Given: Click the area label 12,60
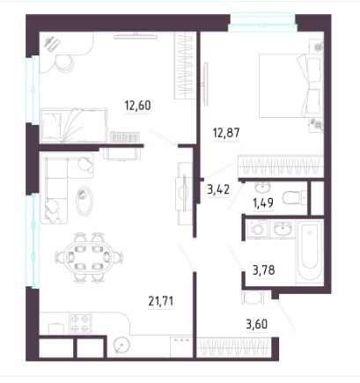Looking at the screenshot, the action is (137, 106).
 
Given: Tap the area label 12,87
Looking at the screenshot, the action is (226, 133).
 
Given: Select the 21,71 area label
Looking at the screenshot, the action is (161, 301).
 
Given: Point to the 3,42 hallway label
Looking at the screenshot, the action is (218, 190).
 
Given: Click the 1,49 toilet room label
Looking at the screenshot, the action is (263, 203).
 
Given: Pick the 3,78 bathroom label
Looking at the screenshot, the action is (264, 270).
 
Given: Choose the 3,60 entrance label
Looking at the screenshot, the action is (256, 324).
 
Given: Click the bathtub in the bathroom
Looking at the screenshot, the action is (310, 252).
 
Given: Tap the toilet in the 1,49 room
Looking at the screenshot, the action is (294, 198).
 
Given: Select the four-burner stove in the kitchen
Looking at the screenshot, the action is (80, 323).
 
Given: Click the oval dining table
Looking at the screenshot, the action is (88, 257).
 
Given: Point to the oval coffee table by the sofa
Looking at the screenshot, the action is (84, 201).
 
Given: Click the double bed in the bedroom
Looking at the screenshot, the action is (291, 85).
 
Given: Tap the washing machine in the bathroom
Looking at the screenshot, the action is (257, 229).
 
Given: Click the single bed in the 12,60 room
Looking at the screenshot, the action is (74, 125).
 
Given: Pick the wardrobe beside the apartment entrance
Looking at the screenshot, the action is (233, 348).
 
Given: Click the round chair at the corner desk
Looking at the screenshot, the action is (64, 63).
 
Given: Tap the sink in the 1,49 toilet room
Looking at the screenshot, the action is (263, 187).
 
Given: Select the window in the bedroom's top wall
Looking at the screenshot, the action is (262, 22).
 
